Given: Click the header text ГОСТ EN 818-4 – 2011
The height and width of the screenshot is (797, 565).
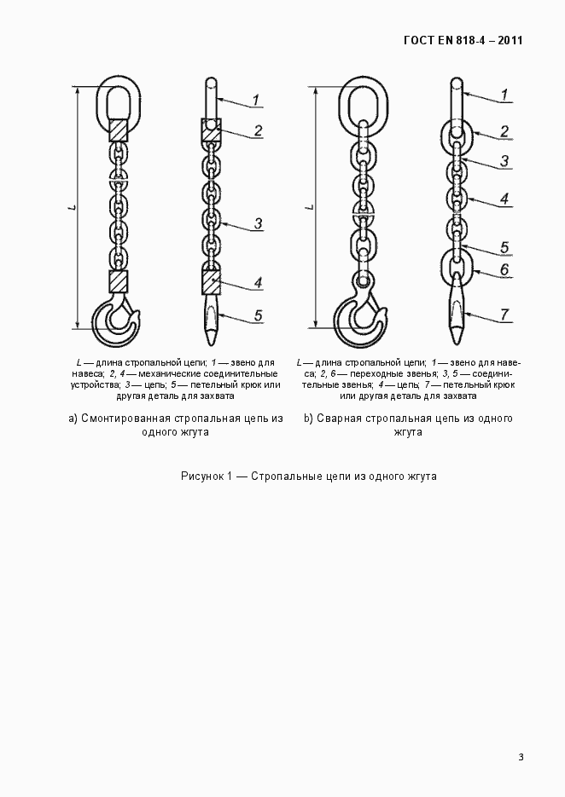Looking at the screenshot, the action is click(462, 41).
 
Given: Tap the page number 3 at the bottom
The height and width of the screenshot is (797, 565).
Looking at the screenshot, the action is click(520, 757).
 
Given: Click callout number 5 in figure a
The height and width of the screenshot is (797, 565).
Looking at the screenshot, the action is click(258, 315).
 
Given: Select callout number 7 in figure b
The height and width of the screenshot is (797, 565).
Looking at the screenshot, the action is click(505, 315).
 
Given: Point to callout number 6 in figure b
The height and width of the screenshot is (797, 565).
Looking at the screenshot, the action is click(504, 269).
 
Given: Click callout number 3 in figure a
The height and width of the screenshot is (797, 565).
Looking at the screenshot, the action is click(258, 223).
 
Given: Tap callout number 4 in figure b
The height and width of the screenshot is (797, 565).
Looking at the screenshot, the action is click(504, 199).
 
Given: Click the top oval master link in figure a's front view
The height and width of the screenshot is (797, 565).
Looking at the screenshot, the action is click(117, 98).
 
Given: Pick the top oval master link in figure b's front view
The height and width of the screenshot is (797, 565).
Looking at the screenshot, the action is click(364, 101).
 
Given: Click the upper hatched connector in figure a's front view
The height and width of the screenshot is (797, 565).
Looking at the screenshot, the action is click(118, 130).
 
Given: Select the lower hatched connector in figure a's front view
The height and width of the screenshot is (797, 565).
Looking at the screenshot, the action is click(118, 281).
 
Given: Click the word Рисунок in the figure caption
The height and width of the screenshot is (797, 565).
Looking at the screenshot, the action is click(202, 476).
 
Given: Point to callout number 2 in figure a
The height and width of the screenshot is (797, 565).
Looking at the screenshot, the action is click(258, 131).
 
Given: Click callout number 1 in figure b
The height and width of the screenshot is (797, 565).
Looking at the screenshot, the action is click(505, 94).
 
